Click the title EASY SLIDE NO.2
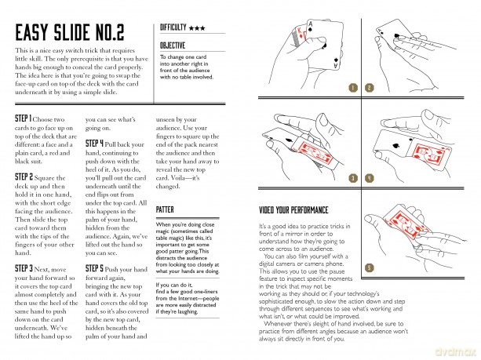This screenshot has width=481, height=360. pyautogui.click(x=70, y=32)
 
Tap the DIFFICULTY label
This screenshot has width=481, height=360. pyautogui.click(x=173, y=27)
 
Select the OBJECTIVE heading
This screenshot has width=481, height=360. pyautogui.click(x=173, y=45)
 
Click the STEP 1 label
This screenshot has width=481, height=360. pyautogui.click(x=24, y=118)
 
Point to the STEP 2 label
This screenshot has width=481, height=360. pyautogui.click(x=24, y=177)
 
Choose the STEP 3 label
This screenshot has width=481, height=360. pyautogui.click(x=24, y=268)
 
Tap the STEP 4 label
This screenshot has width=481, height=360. pyautogui.click(x=94, y=144)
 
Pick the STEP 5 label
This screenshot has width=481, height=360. pyautogui.click(x=94, y=268)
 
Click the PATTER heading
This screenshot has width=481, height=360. pyautogui.click(x=165, y=209)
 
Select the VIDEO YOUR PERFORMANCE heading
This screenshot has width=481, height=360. pyautogui.click(x=293, y=210)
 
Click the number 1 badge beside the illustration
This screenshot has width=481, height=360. pyautogui.click(x=353, y=88)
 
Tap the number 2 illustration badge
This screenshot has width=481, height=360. pyautogui.click(x=370, y=88)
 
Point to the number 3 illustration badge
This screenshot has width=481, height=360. pyautogui.click(x=353, y=178)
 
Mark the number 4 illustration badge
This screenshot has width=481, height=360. pyautogui.click(x=370, y=178)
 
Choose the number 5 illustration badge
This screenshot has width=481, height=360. pyautogui.click(x=370, y=267)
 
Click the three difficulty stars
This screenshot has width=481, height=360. pyautogui.click(x=197, y=28)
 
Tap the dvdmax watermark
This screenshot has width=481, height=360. pyautogui.click(x=455, y=351)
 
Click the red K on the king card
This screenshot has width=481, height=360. pyautogui.click(x=300, y=31)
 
